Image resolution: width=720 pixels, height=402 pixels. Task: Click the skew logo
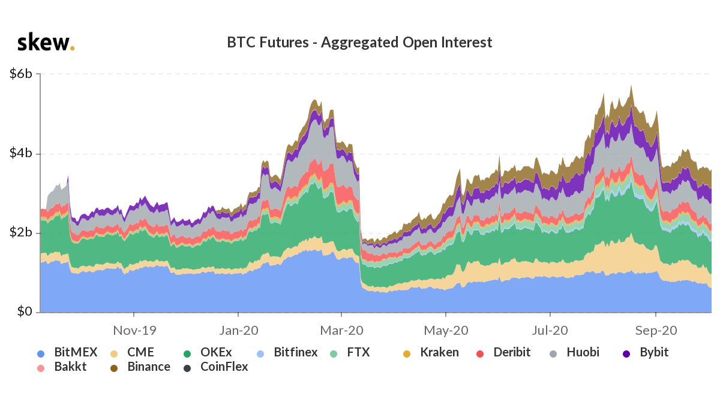pos(46,43)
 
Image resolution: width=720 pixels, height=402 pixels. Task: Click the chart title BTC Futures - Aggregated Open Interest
pos(359,43)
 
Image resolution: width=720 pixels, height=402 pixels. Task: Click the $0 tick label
pos(25,312)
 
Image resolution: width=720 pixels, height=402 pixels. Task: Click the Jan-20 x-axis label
pos(239,330)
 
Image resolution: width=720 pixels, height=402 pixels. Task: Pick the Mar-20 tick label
pos(341,330)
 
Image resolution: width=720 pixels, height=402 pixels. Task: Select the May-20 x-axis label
pos(446,330)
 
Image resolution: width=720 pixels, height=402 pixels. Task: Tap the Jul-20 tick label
pos(550,330)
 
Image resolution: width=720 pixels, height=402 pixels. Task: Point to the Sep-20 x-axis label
pos(656,330)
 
